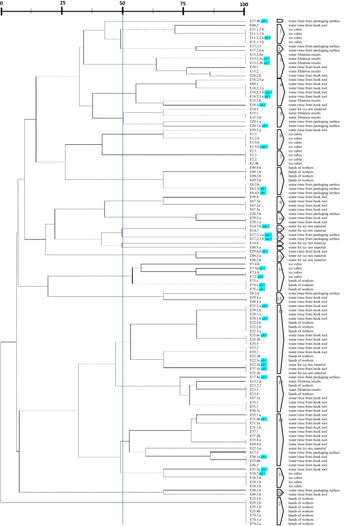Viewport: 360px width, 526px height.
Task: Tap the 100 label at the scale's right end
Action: point(244,4)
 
